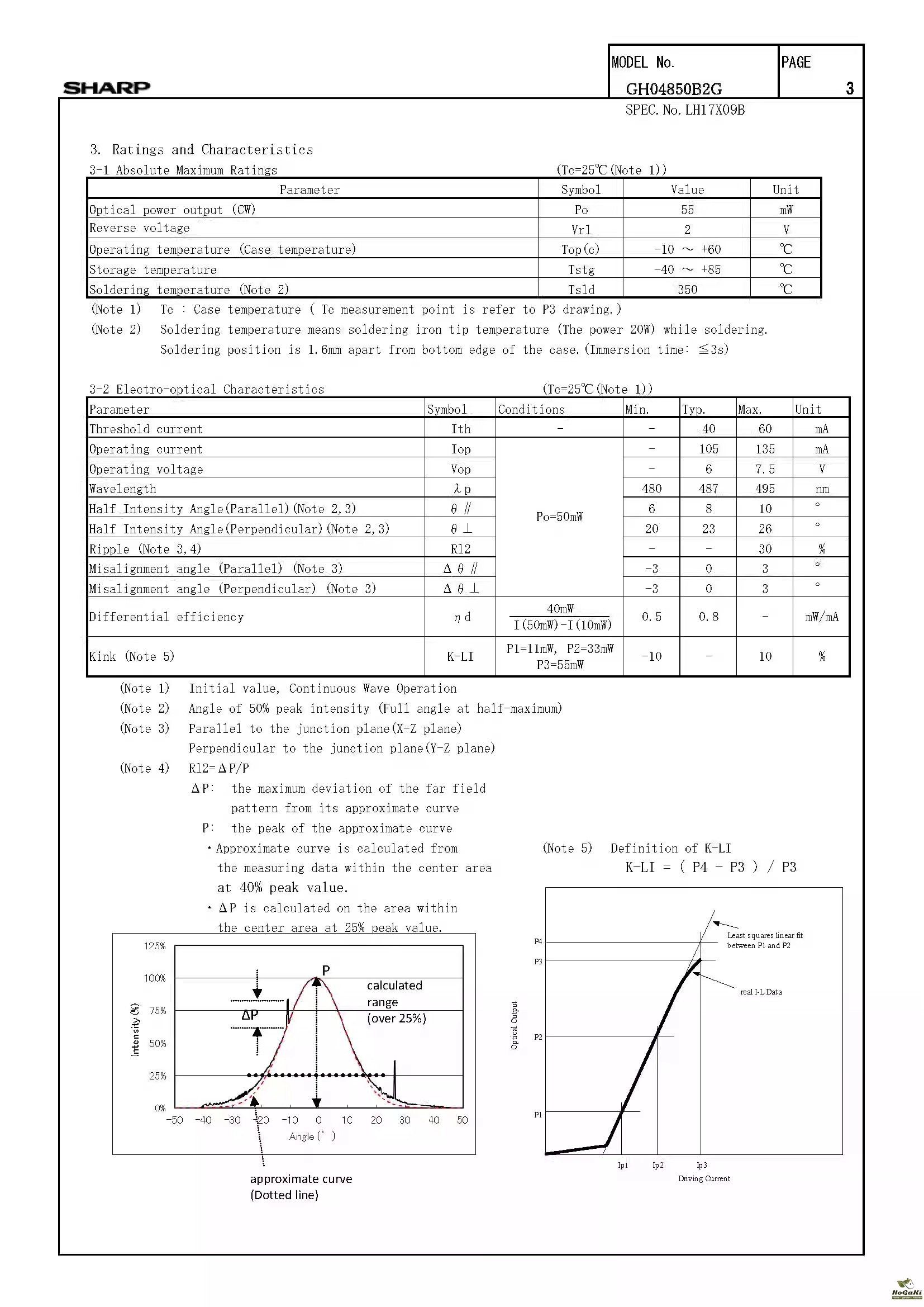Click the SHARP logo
(106, 88)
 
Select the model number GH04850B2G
(674, 89)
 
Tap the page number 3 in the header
(850, 88)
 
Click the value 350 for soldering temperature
(687, 290)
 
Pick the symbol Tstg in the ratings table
(581, 270)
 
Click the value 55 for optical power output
(687, 210)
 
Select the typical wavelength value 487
(708, 489)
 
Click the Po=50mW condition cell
(559, 517)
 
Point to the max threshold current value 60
(765, 429)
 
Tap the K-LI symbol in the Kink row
(460, 657)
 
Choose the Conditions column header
(531, 410)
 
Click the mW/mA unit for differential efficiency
(822, 617)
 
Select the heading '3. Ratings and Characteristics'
(202, 150)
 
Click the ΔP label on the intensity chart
(250, 1015)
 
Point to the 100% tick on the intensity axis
(154, 978)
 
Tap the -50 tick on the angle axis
(175, 1120)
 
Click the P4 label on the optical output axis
(538, 942)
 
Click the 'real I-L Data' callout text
(761, 992)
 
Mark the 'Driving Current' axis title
(704, 1178)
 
